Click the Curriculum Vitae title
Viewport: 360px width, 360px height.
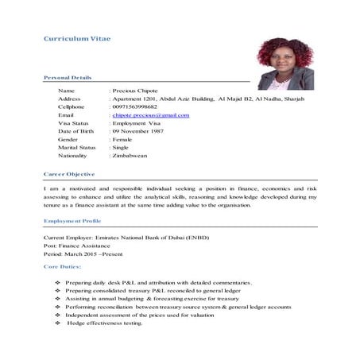tap(77, 38)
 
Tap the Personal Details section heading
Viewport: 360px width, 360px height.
tap(68, 77)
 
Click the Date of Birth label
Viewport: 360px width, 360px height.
tap(76, 131)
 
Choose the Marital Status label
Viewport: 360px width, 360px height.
tap(77, 147)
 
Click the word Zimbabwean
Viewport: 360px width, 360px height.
tap(130, 156)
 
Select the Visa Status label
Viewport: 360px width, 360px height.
tap(74, 123)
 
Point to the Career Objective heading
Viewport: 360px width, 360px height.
tap(69, 173)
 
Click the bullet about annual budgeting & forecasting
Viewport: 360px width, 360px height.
tap(152, 299)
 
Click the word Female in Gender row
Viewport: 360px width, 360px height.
tap(122, 139)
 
